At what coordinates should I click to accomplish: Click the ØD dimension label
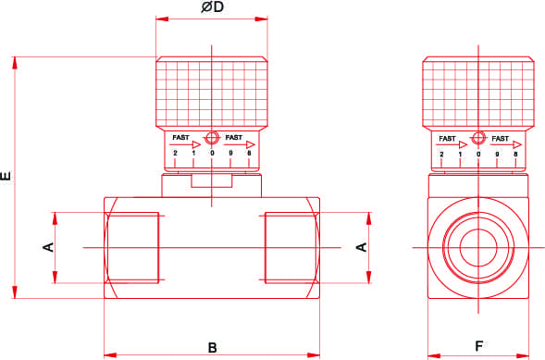[212, 7]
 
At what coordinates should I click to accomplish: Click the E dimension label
[6, 176]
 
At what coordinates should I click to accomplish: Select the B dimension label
[213, 348]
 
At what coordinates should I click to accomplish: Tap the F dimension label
[479, 346]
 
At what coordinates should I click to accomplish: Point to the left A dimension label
[48, 247]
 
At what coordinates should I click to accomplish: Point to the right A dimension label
[362, 247]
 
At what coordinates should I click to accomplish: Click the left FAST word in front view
[180, 138]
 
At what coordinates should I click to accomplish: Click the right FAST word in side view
[501, 139]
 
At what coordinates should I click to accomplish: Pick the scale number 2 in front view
[175, 153]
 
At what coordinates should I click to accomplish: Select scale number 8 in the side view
[515, 154]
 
